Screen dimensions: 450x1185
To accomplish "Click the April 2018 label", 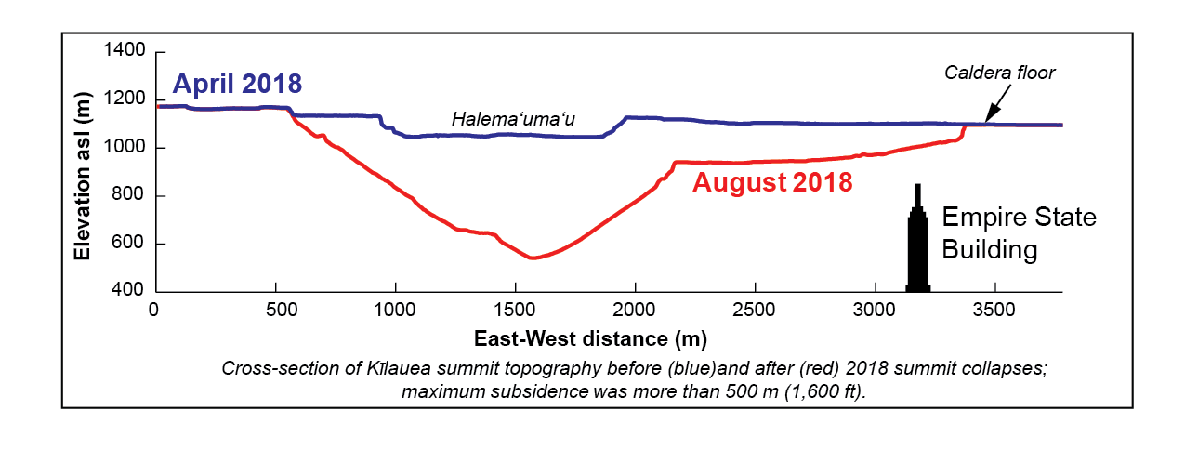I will (237, 84).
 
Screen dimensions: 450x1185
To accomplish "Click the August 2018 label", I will (772, 183).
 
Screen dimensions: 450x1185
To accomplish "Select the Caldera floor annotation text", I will (1000, 73).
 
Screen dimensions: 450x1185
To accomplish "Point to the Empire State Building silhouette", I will (918, 246).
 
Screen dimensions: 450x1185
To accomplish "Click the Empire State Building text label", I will (1020, 233).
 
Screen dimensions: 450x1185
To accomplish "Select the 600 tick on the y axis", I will (129, 245).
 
